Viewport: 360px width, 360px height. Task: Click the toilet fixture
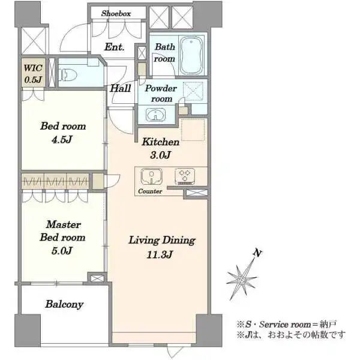tap(67, 74)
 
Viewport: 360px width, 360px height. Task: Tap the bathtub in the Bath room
tap(192, 55)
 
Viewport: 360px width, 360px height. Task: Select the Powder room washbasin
tap(155, 115)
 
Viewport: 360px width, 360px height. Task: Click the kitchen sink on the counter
tap(152, 176)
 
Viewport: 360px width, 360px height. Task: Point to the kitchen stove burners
tap(185, 176)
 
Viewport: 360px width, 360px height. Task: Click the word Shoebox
tap(116, 13)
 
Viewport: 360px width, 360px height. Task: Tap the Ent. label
tap(115, 47)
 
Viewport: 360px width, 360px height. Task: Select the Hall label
tap(121, 88)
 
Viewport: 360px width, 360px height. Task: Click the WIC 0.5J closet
tap(33, 73)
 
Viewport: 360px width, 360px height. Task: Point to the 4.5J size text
tap(62, 139)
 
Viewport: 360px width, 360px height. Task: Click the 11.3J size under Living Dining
tap(160, 254)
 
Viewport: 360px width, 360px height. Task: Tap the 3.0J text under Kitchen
tap(160, 155)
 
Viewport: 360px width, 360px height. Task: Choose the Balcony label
tap(64, 304)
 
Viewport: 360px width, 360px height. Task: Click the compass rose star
tap(242, 280)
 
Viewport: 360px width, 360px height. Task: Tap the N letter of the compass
tap(257, 253)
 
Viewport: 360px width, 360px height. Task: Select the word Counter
tap(150, 191)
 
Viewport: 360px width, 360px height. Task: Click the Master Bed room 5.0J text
tap(62, 238)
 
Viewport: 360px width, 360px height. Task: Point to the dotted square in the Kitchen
tap(193, 130)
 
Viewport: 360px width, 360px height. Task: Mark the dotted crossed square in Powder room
tap(193, 92)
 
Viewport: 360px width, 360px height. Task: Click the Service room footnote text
tap(287, 325)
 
